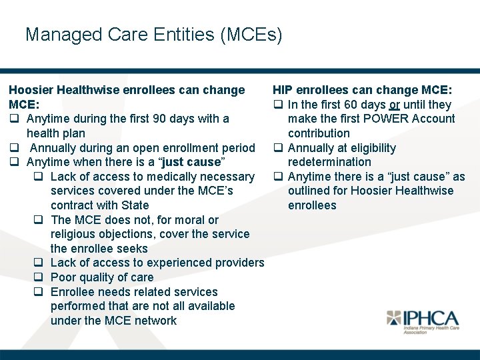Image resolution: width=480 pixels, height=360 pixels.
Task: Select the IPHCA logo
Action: [423, 321]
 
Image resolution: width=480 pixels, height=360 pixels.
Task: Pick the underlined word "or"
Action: [395, 105]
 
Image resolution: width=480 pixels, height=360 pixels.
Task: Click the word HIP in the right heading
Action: [283, 90]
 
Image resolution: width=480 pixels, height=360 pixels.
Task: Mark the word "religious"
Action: [74, 234]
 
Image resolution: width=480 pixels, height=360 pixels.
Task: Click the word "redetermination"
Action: [329, 162]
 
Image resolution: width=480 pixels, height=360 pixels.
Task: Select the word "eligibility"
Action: [370, 148]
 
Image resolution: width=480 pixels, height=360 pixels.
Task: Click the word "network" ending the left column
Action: [154, 321]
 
